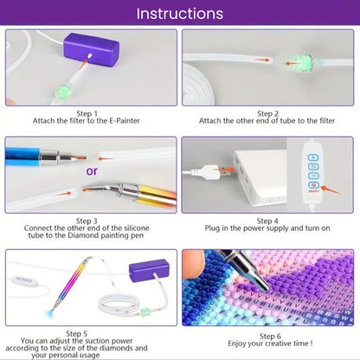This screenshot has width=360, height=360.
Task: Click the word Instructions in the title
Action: (x=180, y=14)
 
